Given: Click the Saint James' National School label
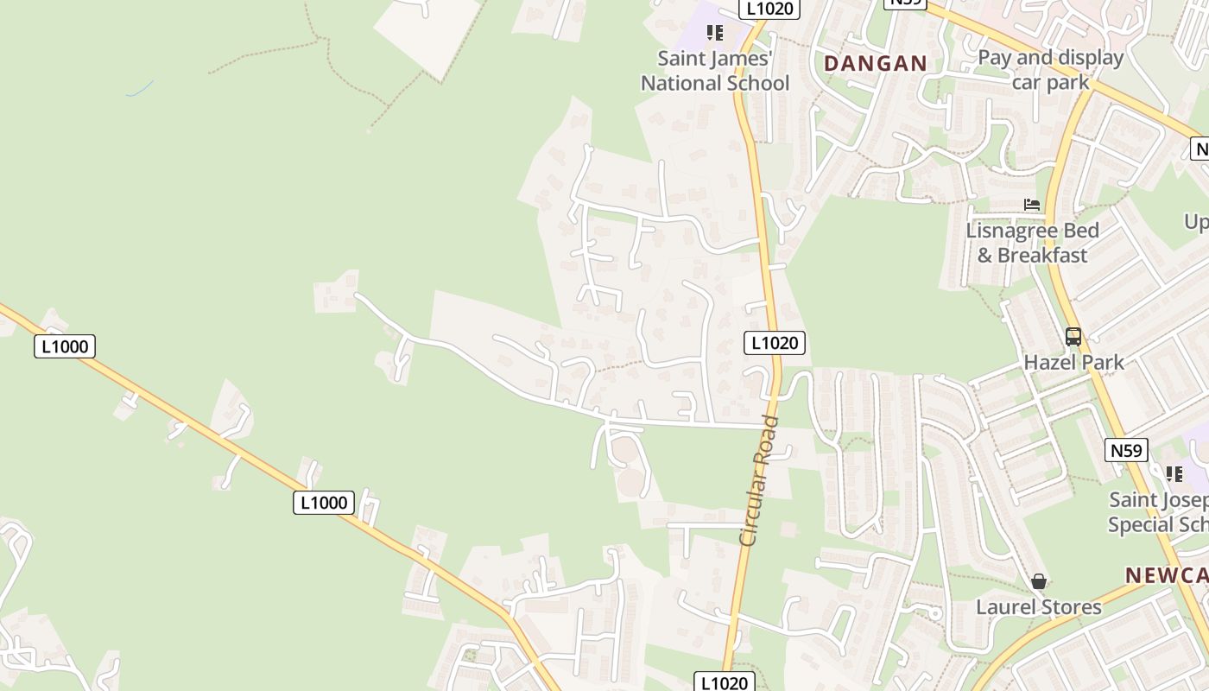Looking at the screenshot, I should coord(715,71).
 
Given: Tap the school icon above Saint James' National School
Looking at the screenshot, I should coord(714,33).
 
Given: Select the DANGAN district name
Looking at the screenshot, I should coord(875,63).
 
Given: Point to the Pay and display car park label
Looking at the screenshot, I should coord(1050,70).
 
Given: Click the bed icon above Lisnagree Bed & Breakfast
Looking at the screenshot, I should coord(1032,205).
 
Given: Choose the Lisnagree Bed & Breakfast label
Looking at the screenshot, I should coord(1032,243).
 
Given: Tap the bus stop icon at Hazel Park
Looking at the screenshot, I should coord(1073,337).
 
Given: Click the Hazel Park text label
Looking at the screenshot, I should coord(1073,362).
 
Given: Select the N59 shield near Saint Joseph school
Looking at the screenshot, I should coord(1126,450).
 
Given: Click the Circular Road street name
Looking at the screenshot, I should coord(760,480).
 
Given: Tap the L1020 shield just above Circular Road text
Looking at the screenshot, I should coord(775,343).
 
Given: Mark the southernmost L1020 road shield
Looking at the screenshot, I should coord(725,682).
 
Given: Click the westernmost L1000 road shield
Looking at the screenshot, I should coord(65,347).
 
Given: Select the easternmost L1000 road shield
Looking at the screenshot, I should coord(324,503).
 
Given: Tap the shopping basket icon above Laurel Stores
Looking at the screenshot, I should coord(1039,581).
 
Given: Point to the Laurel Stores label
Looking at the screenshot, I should coord(1039,607).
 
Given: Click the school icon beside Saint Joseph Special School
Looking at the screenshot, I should coord(1174,473).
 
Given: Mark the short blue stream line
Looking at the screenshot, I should coord(140,88).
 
